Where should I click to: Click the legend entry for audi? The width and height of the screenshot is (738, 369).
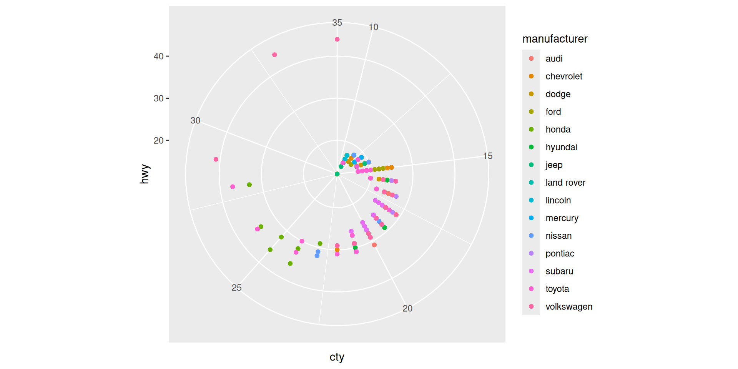(553, 59)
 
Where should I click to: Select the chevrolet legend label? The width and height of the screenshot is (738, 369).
(563, 76)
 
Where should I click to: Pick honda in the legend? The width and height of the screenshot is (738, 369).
(558, 130)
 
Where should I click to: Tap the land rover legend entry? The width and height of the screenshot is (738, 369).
(565, 183)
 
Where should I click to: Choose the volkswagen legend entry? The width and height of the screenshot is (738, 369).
(568, 307)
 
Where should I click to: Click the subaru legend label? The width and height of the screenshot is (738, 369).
(559, 271)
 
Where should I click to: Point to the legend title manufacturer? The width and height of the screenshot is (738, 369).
(555, 39)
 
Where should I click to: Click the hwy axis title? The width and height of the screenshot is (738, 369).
(144, 174)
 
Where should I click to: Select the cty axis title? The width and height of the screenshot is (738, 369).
(337, 357)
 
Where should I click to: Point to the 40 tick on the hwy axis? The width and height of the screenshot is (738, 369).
(158, 57)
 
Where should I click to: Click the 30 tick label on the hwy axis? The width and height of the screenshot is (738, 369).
(158, 98)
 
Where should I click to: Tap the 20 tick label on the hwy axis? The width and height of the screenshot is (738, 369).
(158, 141)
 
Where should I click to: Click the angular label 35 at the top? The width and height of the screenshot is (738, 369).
(337, 23)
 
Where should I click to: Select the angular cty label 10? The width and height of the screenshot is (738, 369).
(373, 27)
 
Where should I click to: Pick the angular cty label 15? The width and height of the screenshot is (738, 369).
(487, 156)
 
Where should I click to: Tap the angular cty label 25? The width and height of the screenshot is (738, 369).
(236, 288)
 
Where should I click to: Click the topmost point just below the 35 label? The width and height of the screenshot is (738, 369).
(337, 39)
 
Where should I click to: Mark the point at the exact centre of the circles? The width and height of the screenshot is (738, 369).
(337, 174)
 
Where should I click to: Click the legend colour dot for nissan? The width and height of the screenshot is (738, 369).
(531, 236)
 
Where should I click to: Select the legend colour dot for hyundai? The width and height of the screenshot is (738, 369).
(531, 147)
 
